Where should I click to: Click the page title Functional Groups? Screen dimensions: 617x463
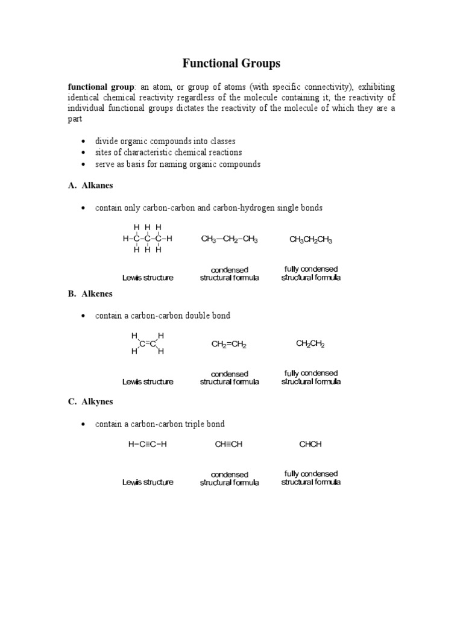(x=231, y=63)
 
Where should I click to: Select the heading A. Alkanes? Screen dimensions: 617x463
(x=90, y=186)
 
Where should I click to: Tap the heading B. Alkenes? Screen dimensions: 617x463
(x=90, y=294)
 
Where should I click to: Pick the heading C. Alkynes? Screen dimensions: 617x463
(x=90, y=401)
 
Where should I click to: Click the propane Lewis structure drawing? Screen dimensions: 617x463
(x=148, y=238)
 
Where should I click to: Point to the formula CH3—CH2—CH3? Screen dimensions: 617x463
(x=229, y=239)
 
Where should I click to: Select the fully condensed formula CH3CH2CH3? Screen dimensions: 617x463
(x=310, y=240)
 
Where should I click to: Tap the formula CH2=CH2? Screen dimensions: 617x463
(x=229, y=345)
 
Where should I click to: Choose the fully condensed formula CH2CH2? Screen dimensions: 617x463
(x=310, y=344)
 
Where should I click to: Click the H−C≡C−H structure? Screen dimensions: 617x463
(x=148, y=445)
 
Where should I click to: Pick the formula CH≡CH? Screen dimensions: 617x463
(x=229, y=445)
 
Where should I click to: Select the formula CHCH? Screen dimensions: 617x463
(x=310, y=445)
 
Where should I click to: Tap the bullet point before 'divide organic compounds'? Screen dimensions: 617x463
(x=82, y=142)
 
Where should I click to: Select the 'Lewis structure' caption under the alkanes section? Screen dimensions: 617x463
(x=148, y=278)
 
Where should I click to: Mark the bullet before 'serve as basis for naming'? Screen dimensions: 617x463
(x=82, y=164)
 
